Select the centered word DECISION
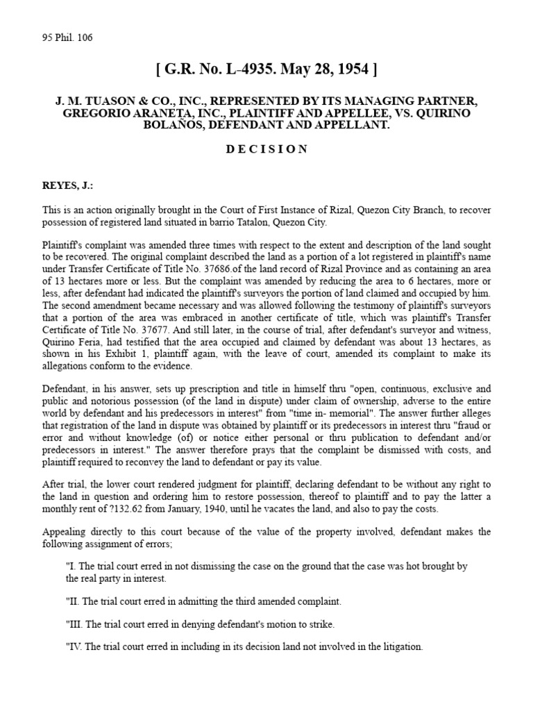tap(266, 150)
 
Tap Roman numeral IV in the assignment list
tap(75, 646)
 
